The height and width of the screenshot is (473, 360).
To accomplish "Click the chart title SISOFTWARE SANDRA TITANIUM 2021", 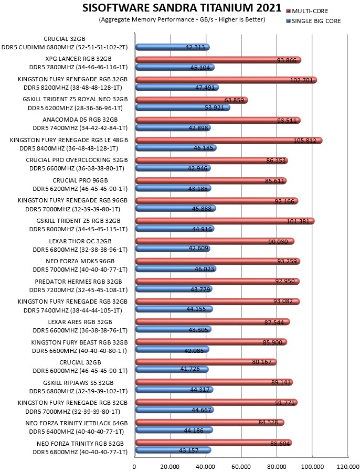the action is tap(182, 7).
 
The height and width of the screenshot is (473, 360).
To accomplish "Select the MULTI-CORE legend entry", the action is tap(307, 11).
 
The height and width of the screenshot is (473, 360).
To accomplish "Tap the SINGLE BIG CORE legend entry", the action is tap(313, 21).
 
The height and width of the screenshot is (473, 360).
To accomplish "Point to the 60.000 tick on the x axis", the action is tap(241, 467).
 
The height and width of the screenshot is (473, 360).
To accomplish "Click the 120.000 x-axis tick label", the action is tap(348, 467).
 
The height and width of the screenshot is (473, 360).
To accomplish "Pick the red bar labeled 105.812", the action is tap(229, 140).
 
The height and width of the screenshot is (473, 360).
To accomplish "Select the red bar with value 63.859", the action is tap(192, 100).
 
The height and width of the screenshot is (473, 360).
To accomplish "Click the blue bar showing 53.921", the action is tap(183, 107).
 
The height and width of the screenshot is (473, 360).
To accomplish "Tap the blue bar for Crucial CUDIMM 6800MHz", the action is tap(172, 47).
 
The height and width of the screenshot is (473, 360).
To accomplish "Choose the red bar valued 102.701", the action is tap(226, 80).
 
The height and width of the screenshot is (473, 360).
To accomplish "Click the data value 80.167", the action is tap(262, 362).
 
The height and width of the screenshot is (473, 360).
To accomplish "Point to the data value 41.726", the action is tap(190, 369).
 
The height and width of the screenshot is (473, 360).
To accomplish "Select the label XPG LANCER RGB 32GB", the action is tap(79, 59).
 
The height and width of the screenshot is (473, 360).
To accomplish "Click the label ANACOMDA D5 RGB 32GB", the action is tap(80, 120).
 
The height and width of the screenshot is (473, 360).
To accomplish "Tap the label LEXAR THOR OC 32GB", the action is tap(80, 241).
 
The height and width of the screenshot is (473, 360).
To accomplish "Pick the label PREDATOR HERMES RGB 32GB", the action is tap(79, 282).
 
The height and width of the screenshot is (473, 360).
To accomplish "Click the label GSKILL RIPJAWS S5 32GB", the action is tap(79, 383).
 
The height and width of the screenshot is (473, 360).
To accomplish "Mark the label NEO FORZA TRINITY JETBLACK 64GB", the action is tap(77, 423).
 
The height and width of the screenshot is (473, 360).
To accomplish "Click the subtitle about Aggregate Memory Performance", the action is tap(182, 19).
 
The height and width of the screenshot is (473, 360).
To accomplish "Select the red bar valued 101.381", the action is tap(225, 221).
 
